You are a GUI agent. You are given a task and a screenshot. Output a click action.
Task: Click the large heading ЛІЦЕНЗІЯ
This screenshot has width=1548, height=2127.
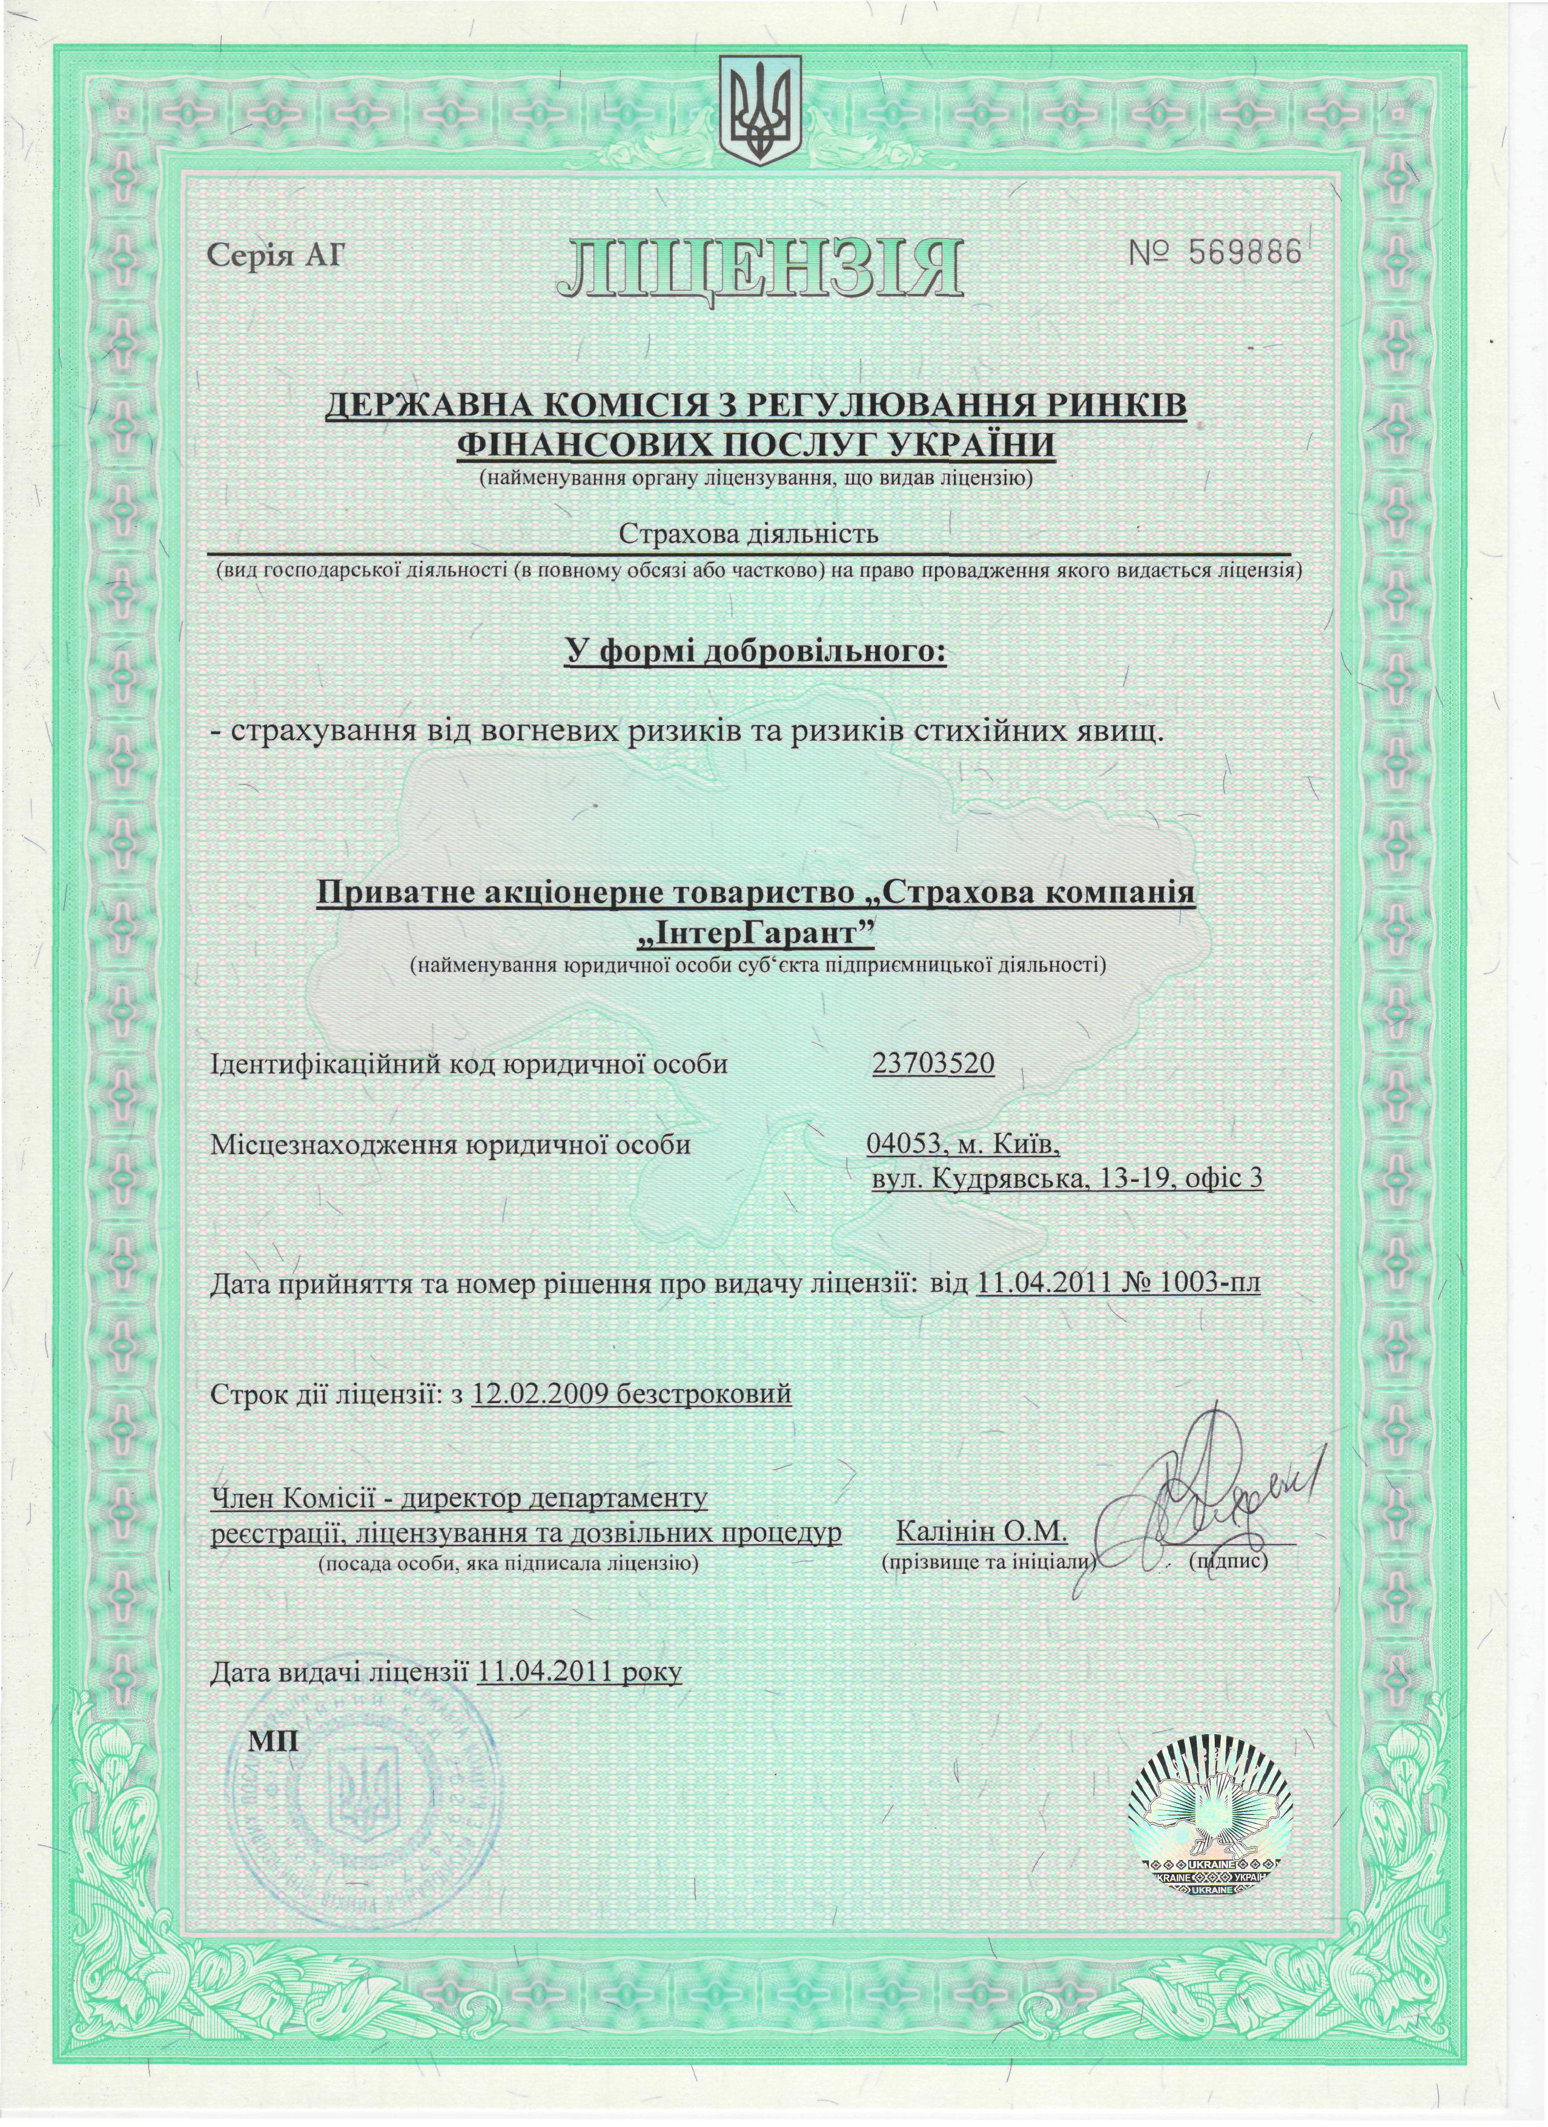(x=759, y=267)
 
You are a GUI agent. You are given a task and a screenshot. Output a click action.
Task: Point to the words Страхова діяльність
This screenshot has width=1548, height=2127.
(x=748, y=534)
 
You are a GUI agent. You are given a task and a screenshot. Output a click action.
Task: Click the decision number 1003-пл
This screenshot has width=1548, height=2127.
(x=1209, y=1281)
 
